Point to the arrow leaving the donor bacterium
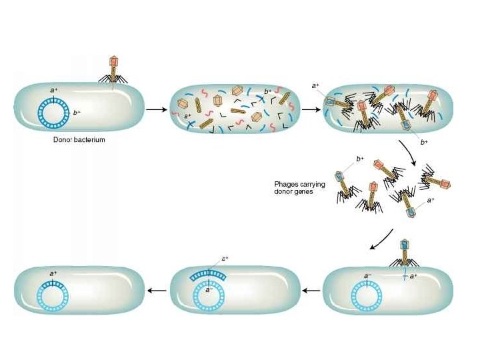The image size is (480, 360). (155, 109)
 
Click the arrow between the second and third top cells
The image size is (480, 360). (310, 109)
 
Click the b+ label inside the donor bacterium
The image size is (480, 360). (77, 113)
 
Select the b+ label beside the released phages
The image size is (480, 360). (360, 159)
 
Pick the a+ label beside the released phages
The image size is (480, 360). (431, 199)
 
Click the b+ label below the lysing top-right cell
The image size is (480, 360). (424, 142)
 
